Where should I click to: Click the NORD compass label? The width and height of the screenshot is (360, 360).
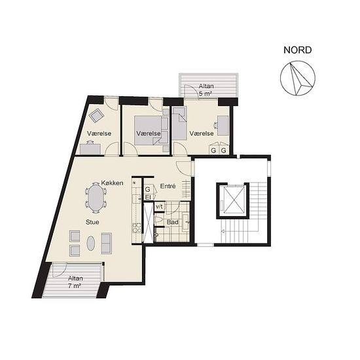click(298, 50)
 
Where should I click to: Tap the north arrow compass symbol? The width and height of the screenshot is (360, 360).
click(298, 78)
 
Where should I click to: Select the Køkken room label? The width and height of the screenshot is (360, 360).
click(113, 183)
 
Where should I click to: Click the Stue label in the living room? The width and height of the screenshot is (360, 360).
click(92, 222)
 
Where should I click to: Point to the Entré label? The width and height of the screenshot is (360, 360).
click(168, 186)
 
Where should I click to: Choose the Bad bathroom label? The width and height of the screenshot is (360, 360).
click(172, 223)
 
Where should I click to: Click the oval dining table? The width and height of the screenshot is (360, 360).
click(96, 198)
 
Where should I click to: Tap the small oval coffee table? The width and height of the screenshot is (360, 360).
click(91, 243)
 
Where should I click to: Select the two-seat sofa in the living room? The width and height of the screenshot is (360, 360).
click(106, 243)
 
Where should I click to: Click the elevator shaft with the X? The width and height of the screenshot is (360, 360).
click(233, 200)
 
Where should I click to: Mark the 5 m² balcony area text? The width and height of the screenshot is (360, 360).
click(206, 94)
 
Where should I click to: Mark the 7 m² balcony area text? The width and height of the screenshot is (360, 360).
click(75, 286)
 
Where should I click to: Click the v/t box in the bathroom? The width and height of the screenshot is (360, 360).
click(159, 207)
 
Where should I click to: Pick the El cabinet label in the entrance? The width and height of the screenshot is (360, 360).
click(148, 197)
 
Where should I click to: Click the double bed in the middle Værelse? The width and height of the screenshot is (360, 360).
click(148, 130)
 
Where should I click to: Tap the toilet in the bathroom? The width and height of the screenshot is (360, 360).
click(159, 220)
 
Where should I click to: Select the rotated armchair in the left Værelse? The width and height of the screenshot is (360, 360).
click(97, 115)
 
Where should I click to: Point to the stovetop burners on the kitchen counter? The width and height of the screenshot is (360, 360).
click(136, 228)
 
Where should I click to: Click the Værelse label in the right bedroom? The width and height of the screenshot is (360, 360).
click(202, 133)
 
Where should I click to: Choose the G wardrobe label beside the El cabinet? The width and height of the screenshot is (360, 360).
click(148, 189)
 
